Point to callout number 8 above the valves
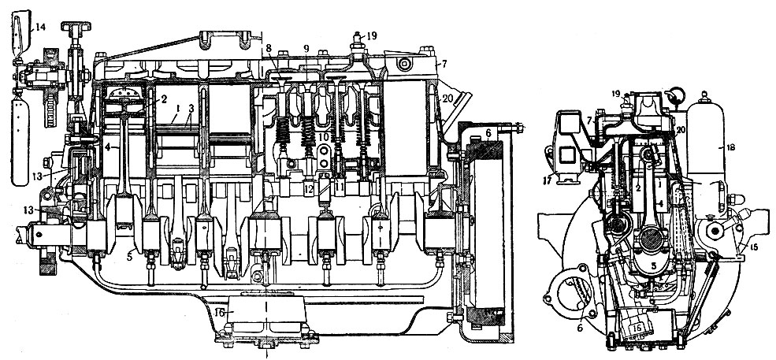pyautogui.click(x=269, y=48)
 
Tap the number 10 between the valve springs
pyautogui.click(x=323, y=137)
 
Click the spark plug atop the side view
pyautogui.click(x=357, y=41)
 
